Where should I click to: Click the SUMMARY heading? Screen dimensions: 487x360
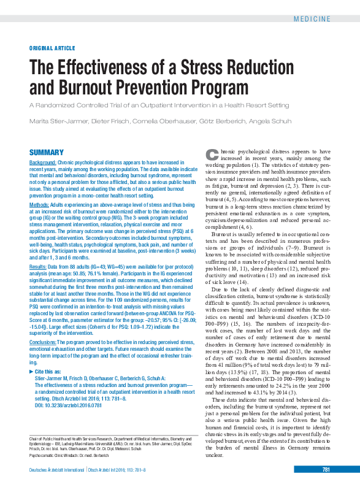[x=47, y=152]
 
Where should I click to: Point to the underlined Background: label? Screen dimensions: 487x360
[x=43, y=163]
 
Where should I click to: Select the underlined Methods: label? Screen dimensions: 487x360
[x=40, y=204]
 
